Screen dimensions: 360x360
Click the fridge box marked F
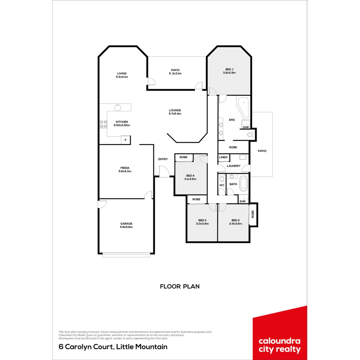coord(126,140)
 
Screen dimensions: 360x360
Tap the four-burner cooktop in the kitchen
coord(103,124)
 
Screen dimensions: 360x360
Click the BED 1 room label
coord(229,69)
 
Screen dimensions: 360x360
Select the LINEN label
coord(223,157)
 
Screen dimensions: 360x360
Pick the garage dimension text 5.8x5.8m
coord(126,227)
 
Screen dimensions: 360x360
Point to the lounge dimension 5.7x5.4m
coord(175,114)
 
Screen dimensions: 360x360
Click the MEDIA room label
coord(125,168)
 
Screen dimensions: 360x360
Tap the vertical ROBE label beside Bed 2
coord(253,214)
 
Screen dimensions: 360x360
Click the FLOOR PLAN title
coord(180,286)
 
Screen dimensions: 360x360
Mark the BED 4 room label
coord(190,176)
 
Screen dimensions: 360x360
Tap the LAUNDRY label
coord(233,166)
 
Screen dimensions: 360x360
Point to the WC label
coord(222,185)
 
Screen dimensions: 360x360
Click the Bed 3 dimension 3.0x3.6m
coord(202,224)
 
